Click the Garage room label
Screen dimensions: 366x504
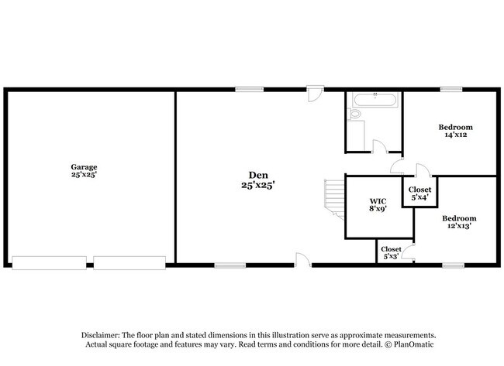[84, 171]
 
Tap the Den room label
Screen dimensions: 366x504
[258, 180]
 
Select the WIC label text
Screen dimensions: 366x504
[378, 204]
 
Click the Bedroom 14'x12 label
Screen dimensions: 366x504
[455, 131]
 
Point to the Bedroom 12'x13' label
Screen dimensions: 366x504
[458, 222]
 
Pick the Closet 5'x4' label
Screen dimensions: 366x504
[419, 193]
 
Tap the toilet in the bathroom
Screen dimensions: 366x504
[355, 115]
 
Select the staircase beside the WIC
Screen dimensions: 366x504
[333, 197]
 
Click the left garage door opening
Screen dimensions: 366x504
[49, 263]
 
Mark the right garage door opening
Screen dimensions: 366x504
[130, 263]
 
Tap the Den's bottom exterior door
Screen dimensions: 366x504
[302, 259]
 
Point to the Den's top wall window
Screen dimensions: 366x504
[247, 90]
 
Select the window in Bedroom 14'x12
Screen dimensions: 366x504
[451, 90]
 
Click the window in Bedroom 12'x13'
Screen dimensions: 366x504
[454, 265]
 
